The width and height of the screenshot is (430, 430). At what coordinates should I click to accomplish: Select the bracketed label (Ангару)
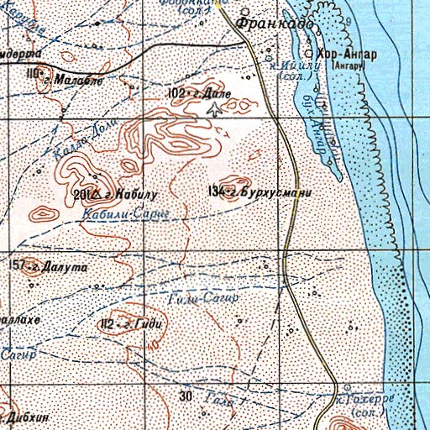click(x=349, y=65)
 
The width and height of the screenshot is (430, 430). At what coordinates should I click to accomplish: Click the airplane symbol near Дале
click(x=218, y=108)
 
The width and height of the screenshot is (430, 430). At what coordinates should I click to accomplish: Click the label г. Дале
click(x=207, y=95)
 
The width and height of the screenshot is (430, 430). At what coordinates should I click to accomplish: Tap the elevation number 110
click(x=34, y=75)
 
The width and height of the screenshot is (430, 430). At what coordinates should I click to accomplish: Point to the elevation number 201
click(x=81, y=195)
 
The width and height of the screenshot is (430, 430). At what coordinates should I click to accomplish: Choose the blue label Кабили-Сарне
click(x=126, y=214)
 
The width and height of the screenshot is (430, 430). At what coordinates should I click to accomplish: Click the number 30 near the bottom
click(x=186, y=395)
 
